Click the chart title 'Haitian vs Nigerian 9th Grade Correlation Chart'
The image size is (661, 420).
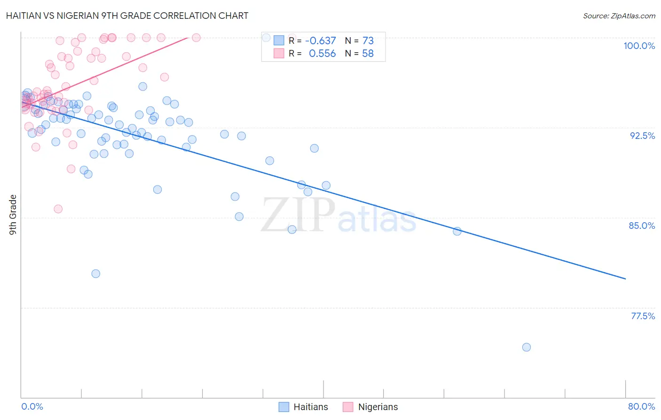pos(127,16)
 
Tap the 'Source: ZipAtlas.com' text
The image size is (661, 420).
pos(619,16)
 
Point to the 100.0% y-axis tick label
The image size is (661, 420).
pos(639,46)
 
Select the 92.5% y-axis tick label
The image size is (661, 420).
pos(642,136)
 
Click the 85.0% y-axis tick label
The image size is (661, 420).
pos(642,226)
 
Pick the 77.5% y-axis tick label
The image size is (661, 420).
pos(643,316)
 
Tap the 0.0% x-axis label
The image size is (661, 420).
pos(32,406)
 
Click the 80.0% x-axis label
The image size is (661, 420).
pos(641,406)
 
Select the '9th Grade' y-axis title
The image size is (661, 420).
pos(13,214)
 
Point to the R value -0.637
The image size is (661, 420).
pos(320,41)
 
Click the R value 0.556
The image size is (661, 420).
pos(322,54)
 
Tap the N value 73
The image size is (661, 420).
pos(368,41)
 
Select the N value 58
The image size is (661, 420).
pos(368,54)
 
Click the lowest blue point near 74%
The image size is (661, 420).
pos(527,347)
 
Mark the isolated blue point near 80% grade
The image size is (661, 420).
pos(96,274)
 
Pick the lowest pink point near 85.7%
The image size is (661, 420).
pos(58,209)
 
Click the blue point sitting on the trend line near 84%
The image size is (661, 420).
pos(457,231)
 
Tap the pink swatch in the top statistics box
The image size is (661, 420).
pos(279,53)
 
